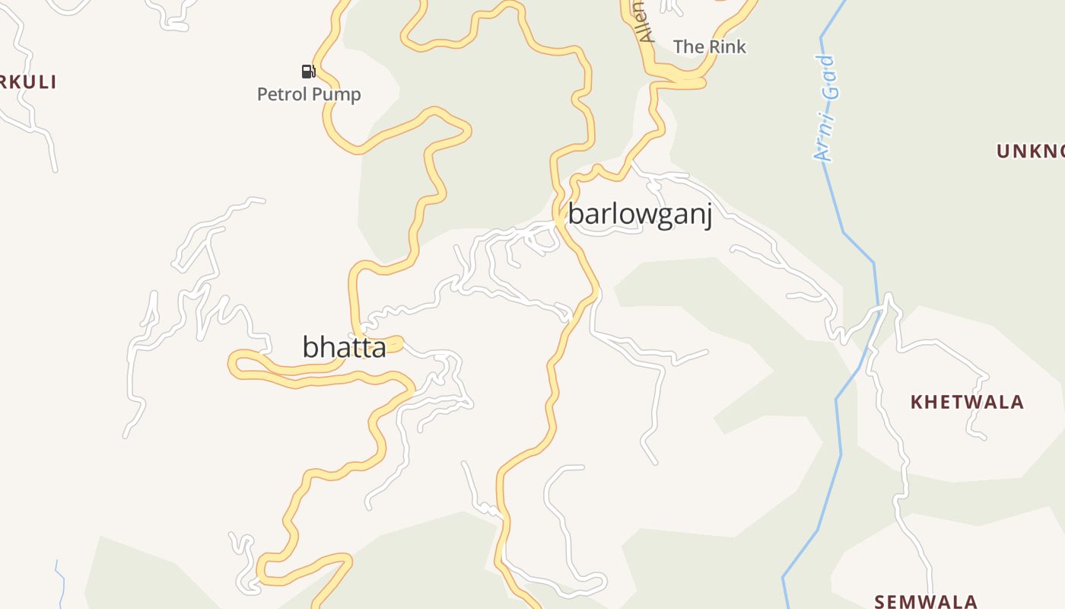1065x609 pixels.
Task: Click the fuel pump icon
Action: pyautogui.click(x=308, y=72)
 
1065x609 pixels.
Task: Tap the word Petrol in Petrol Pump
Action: pyautogui.click(x=282, y=94)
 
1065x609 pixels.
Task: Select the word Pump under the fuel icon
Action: pyautogui.click(x=337, y=94)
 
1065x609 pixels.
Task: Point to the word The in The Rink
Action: pyautogui.click(x=688, y=47)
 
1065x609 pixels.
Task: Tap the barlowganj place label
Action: pyautogui.click(x=640, y=215)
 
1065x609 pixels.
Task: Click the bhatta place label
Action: pyautogui.click(x=344, y=347)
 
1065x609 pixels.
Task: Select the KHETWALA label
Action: pyautogui.click(x=967, y=402)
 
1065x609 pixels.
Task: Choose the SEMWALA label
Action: pyautogui.click(x=926, y=601)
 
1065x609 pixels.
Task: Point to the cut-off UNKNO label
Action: pyautogui.click(x=1031, y=151)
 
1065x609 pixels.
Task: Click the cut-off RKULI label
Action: pyautogui.click(x=28, y=82)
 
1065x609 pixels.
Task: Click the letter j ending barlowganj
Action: pyautogui.click(x=707, y=216)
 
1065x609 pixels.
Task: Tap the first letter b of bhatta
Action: pyautogui.click(x=310, y=347)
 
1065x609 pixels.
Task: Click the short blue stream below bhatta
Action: pyautogui.click(x=60, y=582)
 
